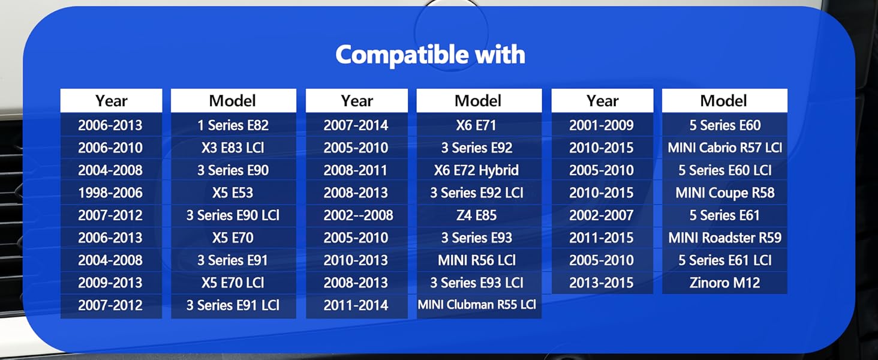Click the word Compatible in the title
[x=402, y=55]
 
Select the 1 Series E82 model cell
[x=233, y=125]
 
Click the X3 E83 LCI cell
[x=233, y=148]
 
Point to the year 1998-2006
[x=110, y=193]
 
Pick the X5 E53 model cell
[x=233, y=193]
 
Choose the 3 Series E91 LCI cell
[x=233, y=305]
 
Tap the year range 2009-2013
[x=110, y=283]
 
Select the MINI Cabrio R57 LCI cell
[x=724, y=148]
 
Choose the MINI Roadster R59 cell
[x=724, y=237]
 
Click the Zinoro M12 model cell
[x=724, y=283]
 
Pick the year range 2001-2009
[x=602, y=125]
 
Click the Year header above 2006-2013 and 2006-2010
[x=112, y=101]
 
